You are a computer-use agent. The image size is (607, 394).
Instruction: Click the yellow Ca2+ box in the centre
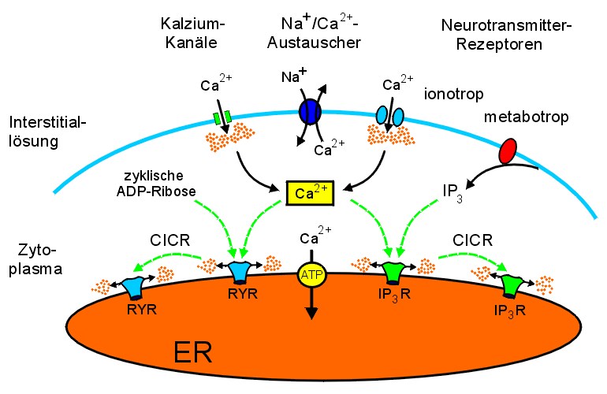click(x=308, y=191)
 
